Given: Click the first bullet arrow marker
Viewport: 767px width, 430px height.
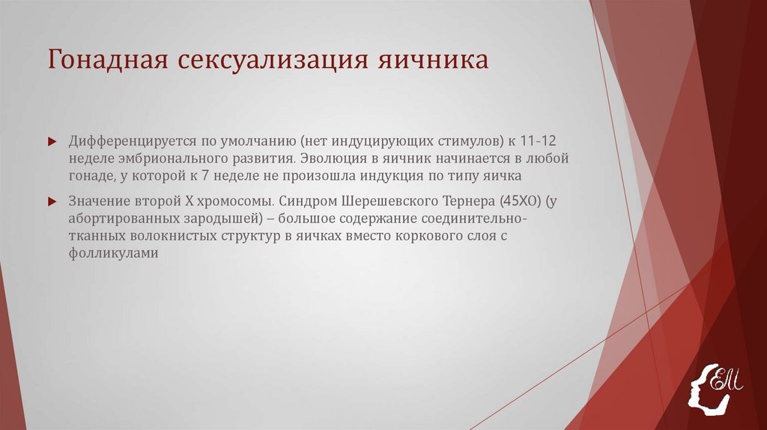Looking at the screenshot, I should (x=52, y=141).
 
